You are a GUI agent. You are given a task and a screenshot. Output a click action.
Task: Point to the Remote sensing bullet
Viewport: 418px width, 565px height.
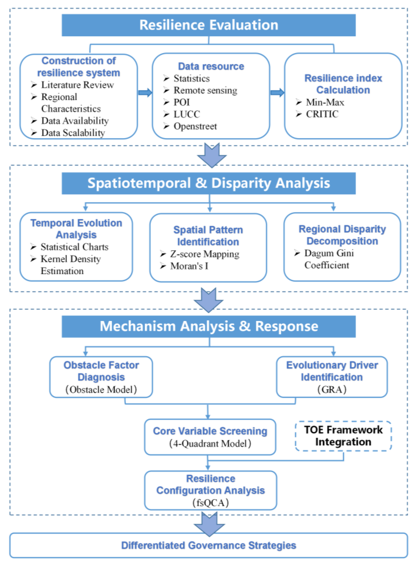pos(205,90)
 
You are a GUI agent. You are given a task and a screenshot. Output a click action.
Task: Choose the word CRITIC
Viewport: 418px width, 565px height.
pos(322,114)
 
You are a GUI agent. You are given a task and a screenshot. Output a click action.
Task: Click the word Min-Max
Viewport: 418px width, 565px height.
pos(325,102)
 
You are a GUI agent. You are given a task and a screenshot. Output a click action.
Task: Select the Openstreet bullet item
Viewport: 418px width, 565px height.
pos(195,126)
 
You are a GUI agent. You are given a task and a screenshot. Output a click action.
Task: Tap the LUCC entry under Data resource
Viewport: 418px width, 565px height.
pos(186,114)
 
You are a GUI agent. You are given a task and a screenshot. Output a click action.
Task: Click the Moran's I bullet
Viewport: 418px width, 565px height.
pos(189,266)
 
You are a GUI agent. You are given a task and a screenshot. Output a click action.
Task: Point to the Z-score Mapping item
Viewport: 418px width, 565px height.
pos(204,254)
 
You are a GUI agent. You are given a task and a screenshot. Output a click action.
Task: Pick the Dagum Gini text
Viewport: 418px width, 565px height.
pos(329,253)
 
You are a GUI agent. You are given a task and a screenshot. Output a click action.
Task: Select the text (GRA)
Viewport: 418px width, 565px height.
pos(331,389)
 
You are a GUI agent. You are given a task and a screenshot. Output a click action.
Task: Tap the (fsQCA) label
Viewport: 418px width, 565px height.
pos(211,503)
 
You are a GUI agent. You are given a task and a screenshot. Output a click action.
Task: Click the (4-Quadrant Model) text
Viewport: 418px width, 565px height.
pos(210,443)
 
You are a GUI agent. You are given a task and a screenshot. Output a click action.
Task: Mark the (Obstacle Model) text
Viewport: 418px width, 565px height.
pos(101,389)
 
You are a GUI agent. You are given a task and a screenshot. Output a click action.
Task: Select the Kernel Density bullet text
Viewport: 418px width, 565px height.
pos(71,259)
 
